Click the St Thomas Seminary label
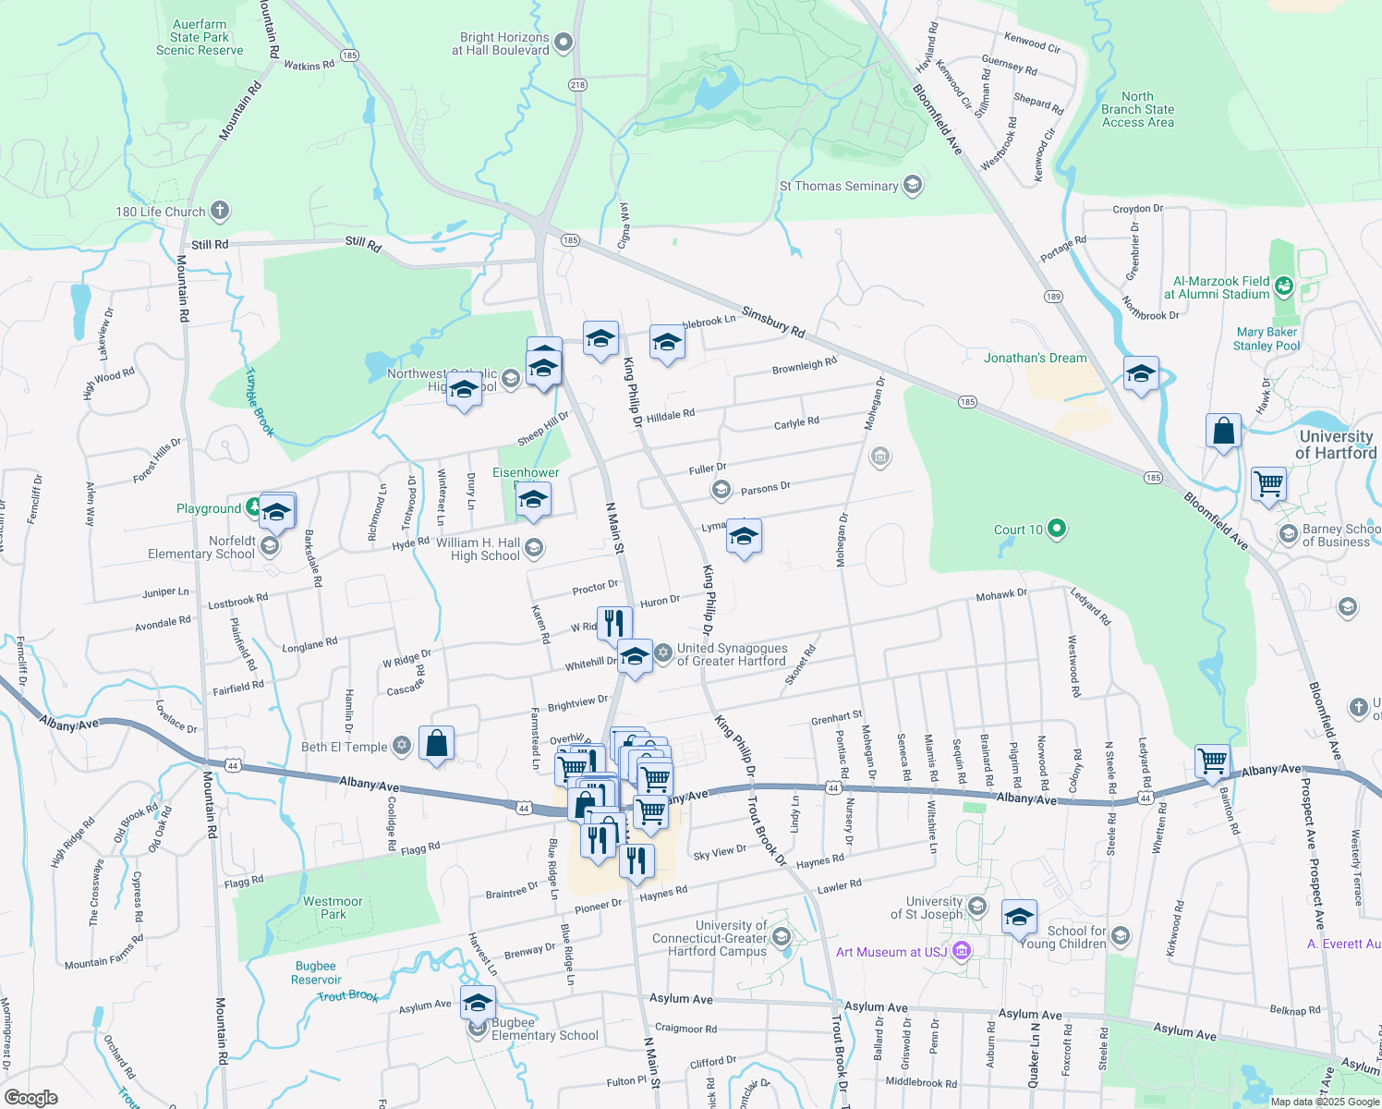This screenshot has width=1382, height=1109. click(838, 186)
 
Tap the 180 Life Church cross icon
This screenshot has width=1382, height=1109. click(220, 211)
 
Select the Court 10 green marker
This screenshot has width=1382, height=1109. click(1058, 529)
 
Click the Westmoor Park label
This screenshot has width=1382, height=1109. click(333, 908)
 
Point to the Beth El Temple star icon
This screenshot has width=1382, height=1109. click(401, 746)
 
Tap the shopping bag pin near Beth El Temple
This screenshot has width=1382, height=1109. click(436, 743)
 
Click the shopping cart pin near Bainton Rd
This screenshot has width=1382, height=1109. click(1212, 761)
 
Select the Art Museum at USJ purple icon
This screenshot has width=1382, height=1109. click(961, 951)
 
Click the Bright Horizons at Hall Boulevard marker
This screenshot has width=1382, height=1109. click(564, 43)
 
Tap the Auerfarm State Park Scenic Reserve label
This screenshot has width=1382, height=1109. click(200, 38)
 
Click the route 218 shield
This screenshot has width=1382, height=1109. click(577, 84)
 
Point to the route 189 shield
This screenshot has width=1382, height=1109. click(1054, 296)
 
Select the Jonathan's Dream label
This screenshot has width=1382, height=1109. click(1035, 358)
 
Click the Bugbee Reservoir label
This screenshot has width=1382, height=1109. click(316, 972)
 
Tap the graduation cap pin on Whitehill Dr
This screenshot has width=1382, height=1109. click(635, 656)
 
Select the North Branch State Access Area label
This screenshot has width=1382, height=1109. click(1137, 109)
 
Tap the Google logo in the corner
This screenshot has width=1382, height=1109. click(30, 1097)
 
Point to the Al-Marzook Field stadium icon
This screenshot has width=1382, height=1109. click(1283, 286)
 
